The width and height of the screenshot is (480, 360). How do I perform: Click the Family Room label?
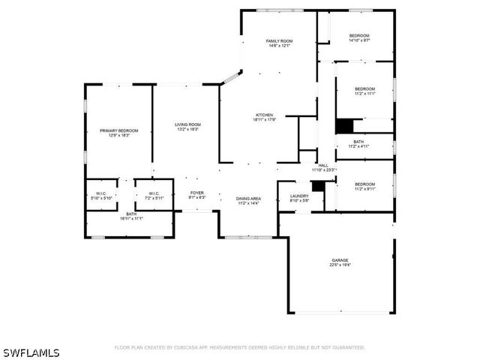click(279, 43)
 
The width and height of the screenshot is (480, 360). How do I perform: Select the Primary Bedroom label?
click(118, 133)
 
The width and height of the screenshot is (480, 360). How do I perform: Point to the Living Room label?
click(187, 127)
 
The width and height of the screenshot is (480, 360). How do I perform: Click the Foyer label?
click(196, 195)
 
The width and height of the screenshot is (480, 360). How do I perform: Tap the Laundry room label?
click(299, 198)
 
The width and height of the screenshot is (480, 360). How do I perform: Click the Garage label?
click(340, 262)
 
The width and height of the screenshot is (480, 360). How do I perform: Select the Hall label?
click(323, 167)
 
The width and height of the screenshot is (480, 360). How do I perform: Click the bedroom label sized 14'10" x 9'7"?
click(358, 37)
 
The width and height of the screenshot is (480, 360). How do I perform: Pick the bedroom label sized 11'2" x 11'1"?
click(364, 91)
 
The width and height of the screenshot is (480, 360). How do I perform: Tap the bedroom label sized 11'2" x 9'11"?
click(364, 187)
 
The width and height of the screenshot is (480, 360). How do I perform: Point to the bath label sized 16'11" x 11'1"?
click(131, 217)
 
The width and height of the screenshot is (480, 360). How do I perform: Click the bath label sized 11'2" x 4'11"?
click(358, 144)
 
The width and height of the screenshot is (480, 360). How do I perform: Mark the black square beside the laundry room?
click(317, 185)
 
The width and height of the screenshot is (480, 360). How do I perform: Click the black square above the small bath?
click(343, 126)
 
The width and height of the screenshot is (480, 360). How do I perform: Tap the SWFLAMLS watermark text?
click(31, 352)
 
